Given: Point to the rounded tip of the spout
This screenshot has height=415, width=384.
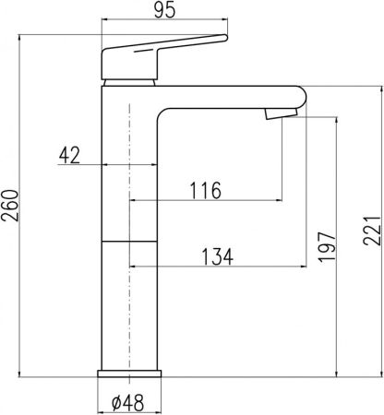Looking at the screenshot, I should coord(300,97).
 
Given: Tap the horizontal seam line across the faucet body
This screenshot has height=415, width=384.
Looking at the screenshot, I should coord(130,239).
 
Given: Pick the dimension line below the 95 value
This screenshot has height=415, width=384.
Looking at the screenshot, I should coord(163,24).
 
